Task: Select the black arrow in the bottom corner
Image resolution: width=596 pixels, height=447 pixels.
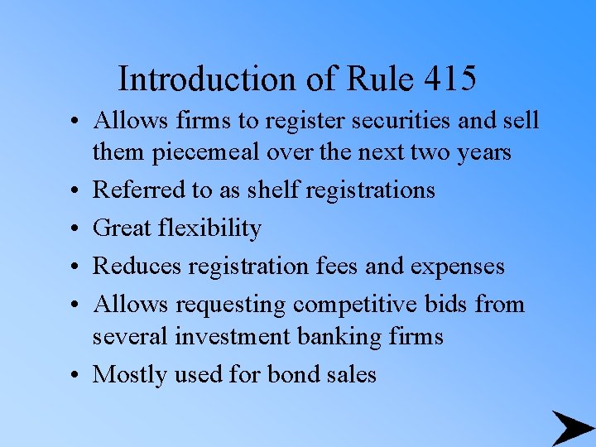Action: [571, 427]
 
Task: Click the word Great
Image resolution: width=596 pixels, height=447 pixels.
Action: [123, 228]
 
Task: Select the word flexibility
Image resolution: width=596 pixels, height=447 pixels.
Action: [211, 228]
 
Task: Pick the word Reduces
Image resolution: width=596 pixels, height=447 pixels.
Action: [137, 266]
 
